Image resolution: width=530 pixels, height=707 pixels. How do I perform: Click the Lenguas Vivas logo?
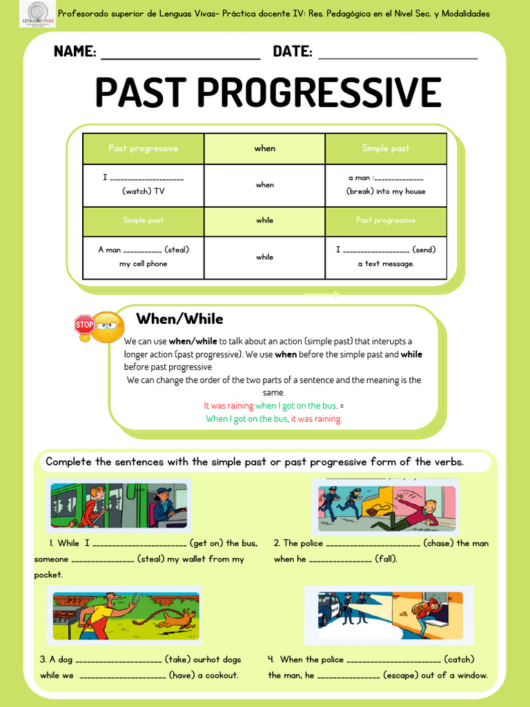(x=38, y=14)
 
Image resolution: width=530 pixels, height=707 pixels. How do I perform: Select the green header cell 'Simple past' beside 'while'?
(x=143, y=221)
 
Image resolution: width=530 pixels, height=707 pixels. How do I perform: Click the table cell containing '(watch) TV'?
(x=143, y=185)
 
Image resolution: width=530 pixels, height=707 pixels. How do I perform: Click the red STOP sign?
(x=84, y=324)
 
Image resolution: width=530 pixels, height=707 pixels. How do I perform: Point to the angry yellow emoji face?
(x=108, y=327)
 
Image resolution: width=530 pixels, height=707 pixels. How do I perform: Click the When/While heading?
(x=179, y=319)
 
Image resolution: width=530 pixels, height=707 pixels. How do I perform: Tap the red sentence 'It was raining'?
(x=228, y=406)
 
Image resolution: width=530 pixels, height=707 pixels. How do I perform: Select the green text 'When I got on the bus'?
(x=246, y=419)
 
